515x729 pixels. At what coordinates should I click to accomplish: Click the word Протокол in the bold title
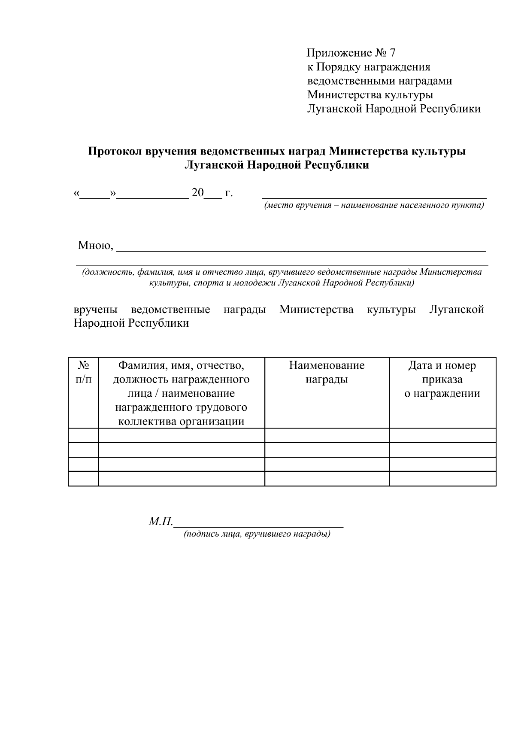[x=115, y=152]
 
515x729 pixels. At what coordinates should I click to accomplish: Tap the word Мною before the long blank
[x=95, y=246]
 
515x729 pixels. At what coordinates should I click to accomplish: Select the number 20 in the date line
[x=198, y=193]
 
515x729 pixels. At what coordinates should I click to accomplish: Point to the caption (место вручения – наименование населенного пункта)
[x=374, y=205]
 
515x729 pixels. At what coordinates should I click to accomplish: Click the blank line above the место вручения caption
[x=374, y=196]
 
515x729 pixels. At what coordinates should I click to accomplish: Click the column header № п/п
[x=84, y=372]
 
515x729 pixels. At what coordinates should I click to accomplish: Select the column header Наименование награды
[x=327, y=372]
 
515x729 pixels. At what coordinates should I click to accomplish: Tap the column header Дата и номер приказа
[x=442, y=372]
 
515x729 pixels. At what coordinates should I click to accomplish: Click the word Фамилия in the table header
[x=140, y=365]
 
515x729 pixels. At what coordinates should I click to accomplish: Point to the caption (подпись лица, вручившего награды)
[x=257, y=534]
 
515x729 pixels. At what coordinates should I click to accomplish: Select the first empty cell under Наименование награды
[x=327, y=435]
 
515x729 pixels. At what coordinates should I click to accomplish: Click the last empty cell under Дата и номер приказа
[x=442, y=479]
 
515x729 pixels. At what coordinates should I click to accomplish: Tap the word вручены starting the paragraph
[x=96, y=310]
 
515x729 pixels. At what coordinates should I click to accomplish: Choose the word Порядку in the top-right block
[x=337, y=67]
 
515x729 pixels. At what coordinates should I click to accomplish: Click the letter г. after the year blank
[x=228, y=193]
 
